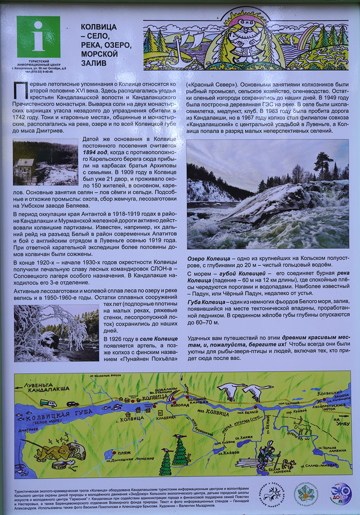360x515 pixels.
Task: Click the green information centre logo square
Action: click(38, 37)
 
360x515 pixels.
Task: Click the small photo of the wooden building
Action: click(45, 162)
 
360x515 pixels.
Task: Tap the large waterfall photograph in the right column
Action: click(267, 194)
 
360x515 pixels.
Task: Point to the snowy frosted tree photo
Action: click(56, 333)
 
